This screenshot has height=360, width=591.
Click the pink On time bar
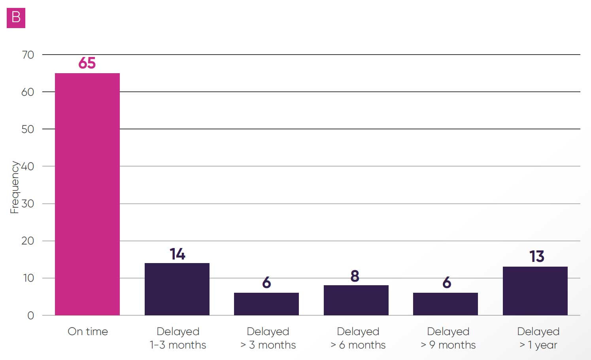pyautogui.click(x=87, y=194)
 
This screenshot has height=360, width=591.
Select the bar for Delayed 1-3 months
pyautogui.click(x=177, y=289)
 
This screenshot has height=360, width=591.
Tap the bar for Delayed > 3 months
pyautogui.click(x=266, y=304)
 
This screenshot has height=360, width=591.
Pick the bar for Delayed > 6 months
pyautogui.click(x=356, y=300)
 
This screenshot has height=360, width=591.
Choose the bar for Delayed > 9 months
pyautogui.click(x=446, y=304)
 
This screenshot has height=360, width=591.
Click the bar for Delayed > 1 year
pyautogui.click(x=535, y=291)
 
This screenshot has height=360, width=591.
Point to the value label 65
pyautogui.click(x=87, y=63)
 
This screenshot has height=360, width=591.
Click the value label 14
pyautogui.click(x=177, y=254)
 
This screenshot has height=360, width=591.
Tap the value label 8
pyautogui.click(x=355, y=276)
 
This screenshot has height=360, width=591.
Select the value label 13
pyautogui.click(x=537, y=257)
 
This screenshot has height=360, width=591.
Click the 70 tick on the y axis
pyautogui.click(x=28, y=55)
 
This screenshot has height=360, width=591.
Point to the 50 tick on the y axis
pyautogui.click(x=28, y=129)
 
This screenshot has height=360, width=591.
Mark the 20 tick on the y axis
pyautogui.click(x=28, y=241)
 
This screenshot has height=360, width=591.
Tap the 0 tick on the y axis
pyautogui.click(x=30, y=315)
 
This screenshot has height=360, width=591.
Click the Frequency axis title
pyautogui.click(x=14, y=187)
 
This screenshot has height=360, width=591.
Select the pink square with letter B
pyautogui.click(x=16, y=18)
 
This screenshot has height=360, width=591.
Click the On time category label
pyautogui.click(x=88, y=332)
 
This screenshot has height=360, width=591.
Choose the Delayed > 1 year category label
pyautogui.click(x=538, y=338)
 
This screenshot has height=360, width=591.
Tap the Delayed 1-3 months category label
pyautogui.click(x=178, y=338)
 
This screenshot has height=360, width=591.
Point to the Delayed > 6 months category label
pyautogui.click(x=358, y=338)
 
